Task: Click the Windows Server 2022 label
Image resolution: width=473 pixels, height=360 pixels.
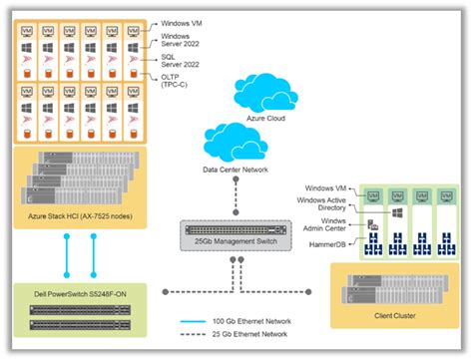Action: (x=183, y=39)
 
